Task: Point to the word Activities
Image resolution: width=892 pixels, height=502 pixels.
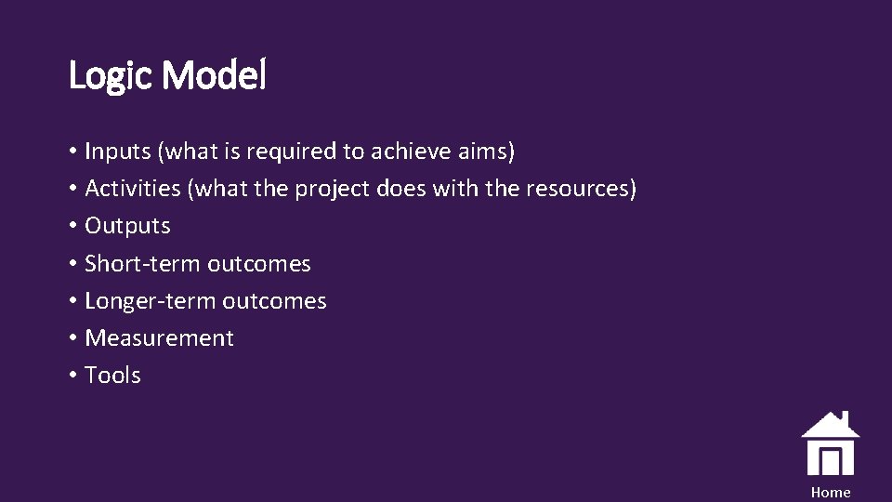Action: [133, 189]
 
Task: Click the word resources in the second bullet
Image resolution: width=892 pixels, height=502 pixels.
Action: [580, 189]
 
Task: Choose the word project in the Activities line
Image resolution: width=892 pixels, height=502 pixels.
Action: [333, 190]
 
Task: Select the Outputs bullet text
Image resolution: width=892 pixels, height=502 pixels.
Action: [127, 226]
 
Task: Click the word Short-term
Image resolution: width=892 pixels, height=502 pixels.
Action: [143, 263]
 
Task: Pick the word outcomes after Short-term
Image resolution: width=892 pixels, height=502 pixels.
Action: [259, 264]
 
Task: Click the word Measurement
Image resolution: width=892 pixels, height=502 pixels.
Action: [159, 338]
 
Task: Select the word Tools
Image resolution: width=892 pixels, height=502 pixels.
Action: [112, 376]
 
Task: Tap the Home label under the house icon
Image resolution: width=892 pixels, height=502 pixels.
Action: [830, 493]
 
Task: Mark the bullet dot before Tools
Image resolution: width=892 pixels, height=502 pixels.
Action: [72, 376]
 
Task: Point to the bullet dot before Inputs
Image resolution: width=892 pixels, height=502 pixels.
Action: [72, 152]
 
